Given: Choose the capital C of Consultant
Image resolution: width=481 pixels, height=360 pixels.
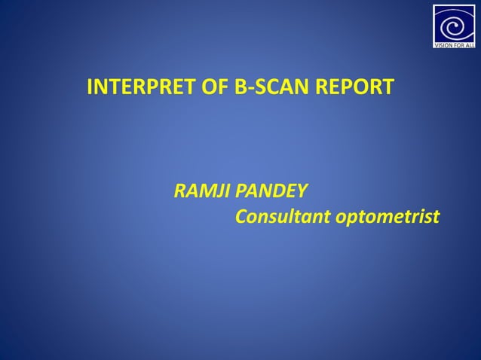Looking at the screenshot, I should pos(242,218).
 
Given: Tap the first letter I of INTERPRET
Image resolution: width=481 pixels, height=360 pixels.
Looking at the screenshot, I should pos(90,87).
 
